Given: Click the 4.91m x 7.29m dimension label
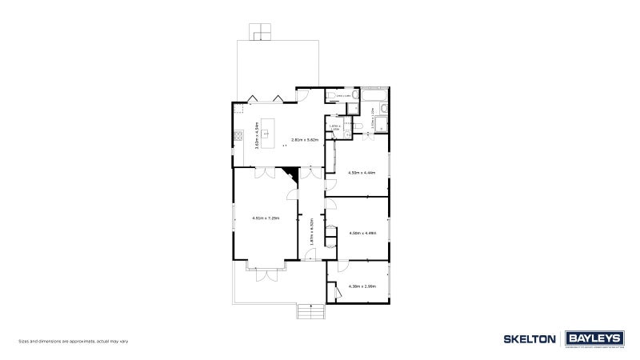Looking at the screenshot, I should coord(265,218).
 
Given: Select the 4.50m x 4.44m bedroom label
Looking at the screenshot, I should coord(362,173).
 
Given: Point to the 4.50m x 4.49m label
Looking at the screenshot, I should coord(362,234).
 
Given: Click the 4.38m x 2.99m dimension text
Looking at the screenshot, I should coord(362,286).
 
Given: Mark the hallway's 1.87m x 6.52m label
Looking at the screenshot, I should coord(310,233).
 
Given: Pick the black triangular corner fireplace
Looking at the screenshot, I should coord(290,173).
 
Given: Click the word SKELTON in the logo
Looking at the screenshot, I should coord(530,339).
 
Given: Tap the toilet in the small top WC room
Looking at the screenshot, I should coord(331,97).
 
